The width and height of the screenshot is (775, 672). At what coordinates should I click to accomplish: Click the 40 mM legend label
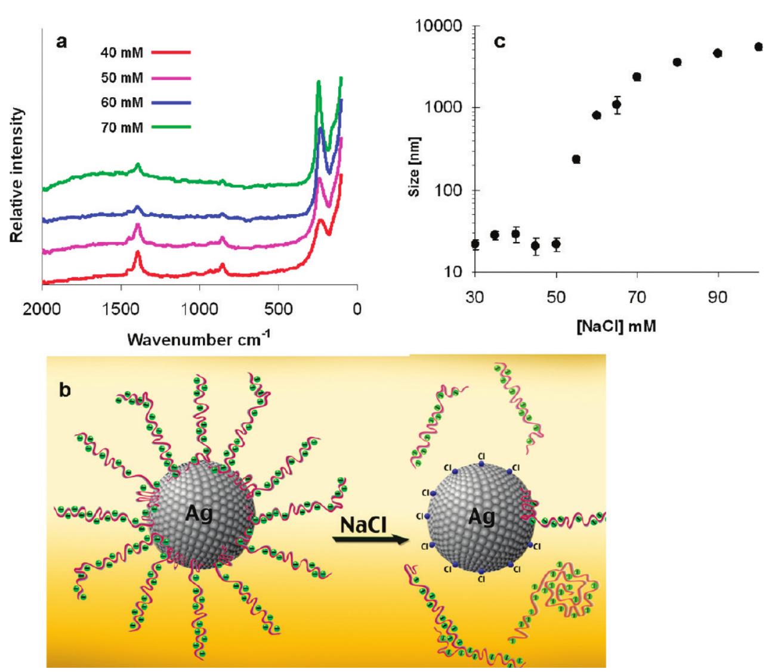(123, 53)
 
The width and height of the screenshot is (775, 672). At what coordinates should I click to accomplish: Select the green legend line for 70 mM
(171, 127)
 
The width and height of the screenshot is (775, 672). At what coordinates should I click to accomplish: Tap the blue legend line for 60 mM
(171, 103)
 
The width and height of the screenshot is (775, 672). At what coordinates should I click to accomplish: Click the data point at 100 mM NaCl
(758, 47)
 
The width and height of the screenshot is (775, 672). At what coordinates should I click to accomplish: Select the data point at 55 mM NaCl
(576, 159)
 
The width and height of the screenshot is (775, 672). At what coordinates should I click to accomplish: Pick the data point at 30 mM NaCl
(475, 244)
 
